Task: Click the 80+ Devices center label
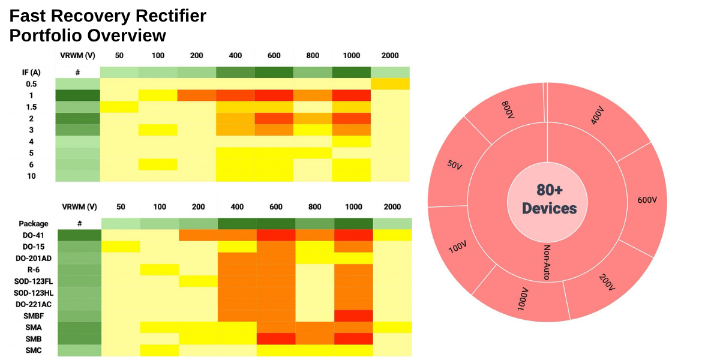pyautogui.click(x=549, y=199)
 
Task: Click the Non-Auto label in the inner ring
pyautogui.click(x=547, y=262)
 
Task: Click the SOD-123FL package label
pyautogui.click(x=32, y=281)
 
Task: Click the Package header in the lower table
pyautogui.click(x=33, y=223)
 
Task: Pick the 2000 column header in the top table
pyautogui.click(x=390, y=55)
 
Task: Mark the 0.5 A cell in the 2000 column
pyautogui.click(x=390, y=83)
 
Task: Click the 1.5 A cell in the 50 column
pyautogui.click(x=119, y=107)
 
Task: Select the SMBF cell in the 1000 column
pyautogui.click(x=353, y=315)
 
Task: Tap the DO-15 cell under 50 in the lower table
pyautogui.click(x=120, y=247)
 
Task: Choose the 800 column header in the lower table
pyautogui.click(x=315, y=206)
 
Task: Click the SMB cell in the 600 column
pyautogui.click(x=275, y=338)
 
